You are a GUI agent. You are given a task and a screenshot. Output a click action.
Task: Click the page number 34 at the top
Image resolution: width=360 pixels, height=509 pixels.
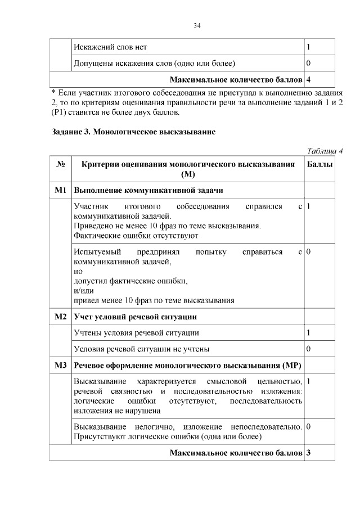[x=197, y=26]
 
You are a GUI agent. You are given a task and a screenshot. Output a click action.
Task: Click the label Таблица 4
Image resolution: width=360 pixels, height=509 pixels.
[x=325, y=150]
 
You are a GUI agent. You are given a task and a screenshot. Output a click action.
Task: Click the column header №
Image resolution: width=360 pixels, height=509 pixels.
[x=61, y=164]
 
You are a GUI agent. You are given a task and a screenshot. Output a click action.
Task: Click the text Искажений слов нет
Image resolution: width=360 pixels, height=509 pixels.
[x=110, y=47]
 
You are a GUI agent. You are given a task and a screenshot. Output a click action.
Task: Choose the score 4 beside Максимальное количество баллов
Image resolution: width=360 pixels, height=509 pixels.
[x=309, y=78]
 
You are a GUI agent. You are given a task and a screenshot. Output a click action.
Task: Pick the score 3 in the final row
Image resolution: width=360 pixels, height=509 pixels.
[x=309, y=453]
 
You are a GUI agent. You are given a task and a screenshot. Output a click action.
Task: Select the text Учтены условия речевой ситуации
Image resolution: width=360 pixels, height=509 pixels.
[x=136, y=333]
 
